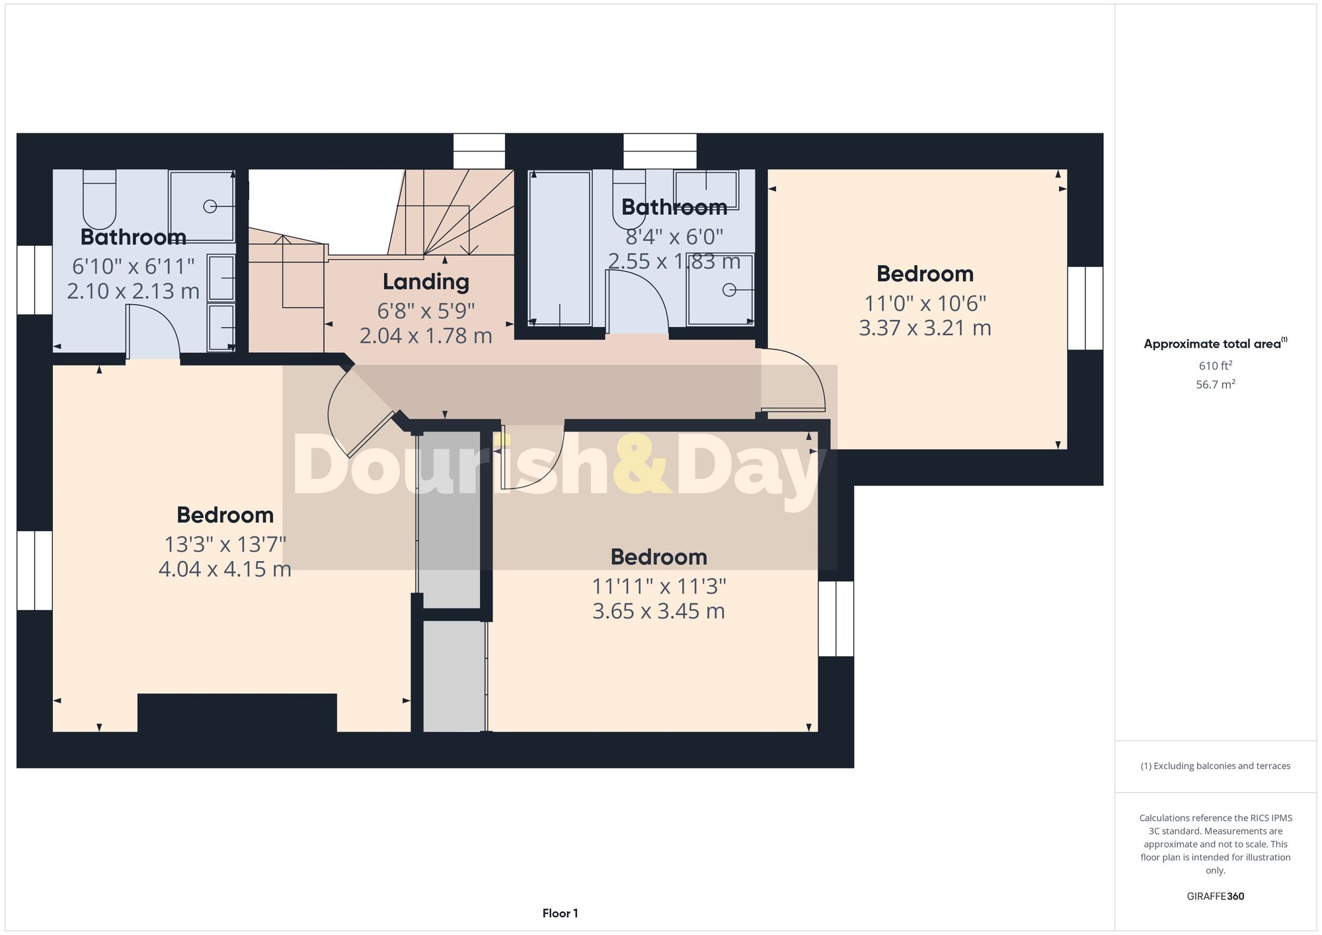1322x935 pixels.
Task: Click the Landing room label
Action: [426, 282]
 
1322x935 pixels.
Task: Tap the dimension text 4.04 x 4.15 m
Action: [225, 569]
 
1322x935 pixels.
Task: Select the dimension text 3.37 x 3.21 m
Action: [925, 328]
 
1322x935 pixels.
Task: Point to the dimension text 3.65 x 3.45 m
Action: [658, 611]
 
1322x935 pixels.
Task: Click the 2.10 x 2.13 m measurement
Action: [133, 291]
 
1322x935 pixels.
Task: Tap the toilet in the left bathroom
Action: [99, 199]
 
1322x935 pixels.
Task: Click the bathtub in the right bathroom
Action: [559, 248]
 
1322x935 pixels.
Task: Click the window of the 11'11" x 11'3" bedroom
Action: [836, 618]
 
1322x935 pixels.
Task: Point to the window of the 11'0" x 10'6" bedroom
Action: [1085, 308]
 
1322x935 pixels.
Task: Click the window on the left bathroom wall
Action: [34, 280]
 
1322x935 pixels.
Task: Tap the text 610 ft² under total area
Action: [1215, 365]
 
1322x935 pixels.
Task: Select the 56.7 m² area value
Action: [1215, 385]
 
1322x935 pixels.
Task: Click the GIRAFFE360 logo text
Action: [1215, 897]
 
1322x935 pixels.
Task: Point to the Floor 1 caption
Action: [560, 914]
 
